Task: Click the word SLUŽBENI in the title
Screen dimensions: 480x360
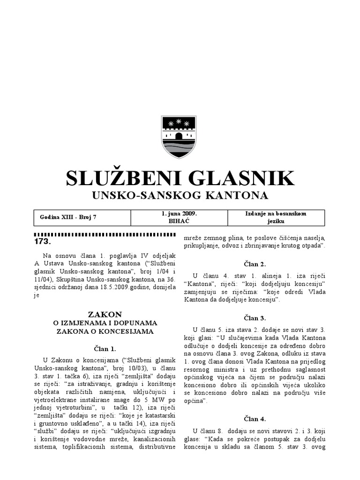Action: pos(120,179)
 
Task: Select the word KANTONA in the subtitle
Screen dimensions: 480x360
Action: pos(237,195)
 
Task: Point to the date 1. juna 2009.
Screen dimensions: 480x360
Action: pos(179,213)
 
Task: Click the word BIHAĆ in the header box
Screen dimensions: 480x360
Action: pos(179,221)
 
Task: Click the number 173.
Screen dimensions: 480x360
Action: pos(42,242)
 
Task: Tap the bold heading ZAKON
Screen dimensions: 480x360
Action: pos(105,314)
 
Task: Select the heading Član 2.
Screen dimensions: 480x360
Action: pos(255,264)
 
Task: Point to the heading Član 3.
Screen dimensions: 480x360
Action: pos(255,318)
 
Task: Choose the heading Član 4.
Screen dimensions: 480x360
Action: pos(255,419)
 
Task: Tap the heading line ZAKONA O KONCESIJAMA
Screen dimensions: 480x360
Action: pos(105,331)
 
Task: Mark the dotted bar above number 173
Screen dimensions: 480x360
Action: pos(105,234)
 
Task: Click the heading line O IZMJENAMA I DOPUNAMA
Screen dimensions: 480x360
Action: pos(105,323)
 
